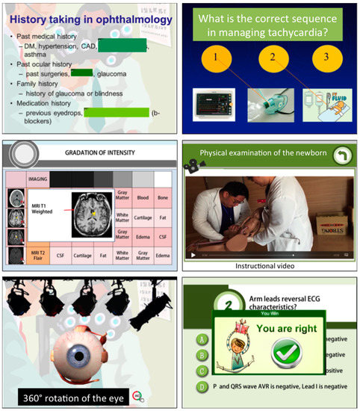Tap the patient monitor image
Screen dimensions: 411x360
click(212, 105)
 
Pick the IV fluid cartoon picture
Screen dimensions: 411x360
click(326, 105)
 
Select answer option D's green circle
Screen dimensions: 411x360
click(202, 387)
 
